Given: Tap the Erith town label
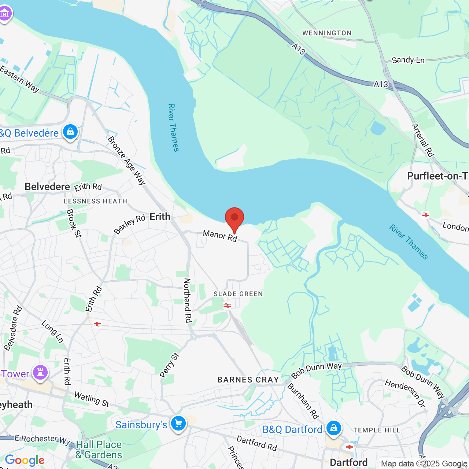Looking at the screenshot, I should pos(160,217).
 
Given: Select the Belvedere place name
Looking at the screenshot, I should pos(47,187).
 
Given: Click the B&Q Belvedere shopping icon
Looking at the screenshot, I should pos(70,132).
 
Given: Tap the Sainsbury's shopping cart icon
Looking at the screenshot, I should pos(178,424).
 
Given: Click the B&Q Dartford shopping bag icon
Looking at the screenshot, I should pos(333,428).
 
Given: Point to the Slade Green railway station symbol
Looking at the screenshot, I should pos(227,305).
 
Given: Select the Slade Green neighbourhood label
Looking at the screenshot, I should pos(238,294).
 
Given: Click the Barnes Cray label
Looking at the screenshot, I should pos(248,380).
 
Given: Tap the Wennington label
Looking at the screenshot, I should pos(327,33).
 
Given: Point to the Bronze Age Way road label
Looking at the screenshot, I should pos(127,160).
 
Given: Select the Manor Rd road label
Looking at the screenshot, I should pos(220,236).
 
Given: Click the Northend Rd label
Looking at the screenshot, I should pos(188,300).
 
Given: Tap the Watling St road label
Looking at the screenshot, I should pos(92,399).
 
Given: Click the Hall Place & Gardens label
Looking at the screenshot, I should pos(99,450).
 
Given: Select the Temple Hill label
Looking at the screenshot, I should pos(377,430).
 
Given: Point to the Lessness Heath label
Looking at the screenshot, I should pos(95,201).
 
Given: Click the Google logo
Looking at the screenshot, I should pos(25,460).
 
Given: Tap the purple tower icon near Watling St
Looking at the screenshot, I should pos(40,372).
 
